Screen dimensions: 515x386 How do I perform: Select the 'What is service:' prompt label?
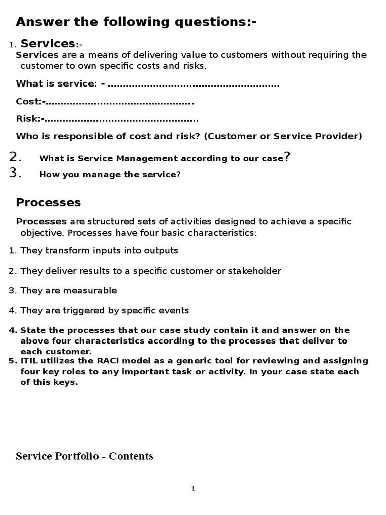[57, 84]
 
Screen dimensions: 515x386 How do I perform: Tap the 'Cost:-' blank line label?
[31, 102]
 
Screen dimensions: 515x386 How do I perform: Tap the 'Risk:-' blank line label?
[30, 119]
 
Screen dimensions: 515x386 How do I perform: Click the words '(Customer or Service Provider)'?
[282, 136]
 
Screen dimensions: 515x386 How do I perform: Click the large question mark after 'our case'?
[287, 157]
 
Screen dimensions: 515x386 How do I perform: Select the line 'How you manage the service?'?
[110, 175]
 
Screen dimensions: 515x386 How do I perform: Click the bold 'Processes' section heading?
[48, 203]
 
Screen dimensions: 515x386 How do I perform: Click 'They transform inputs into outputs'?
[99, 250]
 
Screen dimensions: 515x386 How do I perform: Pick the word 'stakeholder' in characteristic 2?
[255, 271]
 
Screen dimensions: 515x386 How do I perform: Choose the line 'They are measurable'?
[68, 290]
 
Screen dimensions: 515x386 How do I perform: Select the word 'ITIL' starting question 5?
[29, 361]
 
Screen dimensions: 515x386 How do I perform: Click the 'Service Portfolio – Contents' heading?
[84, 456]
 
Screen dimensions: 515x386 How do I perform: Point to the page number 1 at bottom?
[193, 488]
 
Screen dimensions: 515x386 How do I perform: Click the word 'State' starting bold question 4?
[32, 330]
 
